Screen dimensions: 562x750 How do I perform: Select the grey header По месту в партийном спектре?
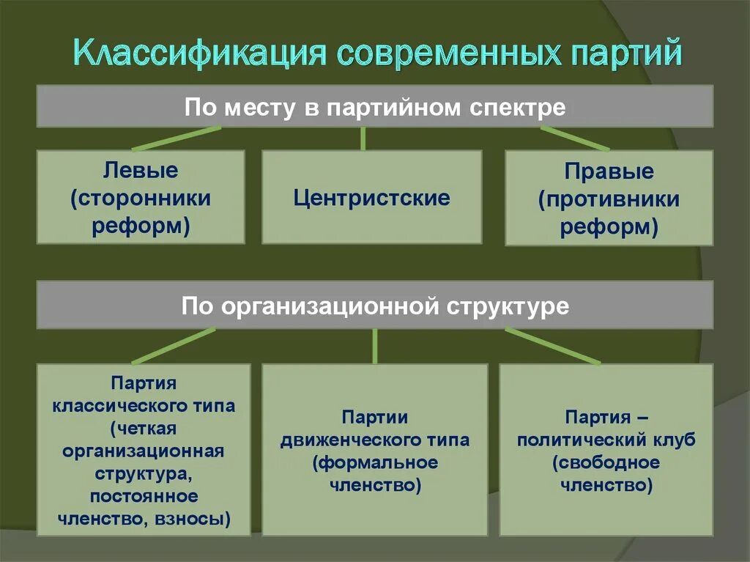click(x=375, y=106)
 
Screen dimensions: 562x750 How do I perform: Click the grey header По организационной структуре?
click(x=375, y=305)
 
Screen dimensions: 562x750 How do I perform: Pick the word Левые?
click(x=141, y=171)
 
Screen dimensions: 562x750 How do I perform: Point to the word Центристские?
click(x=372, y=198)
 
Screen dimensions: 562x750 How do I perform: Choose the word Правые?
click(x=609, y=173)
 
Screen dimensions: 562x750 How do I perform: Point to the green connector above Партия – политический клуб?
click(x=552, y=345)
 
